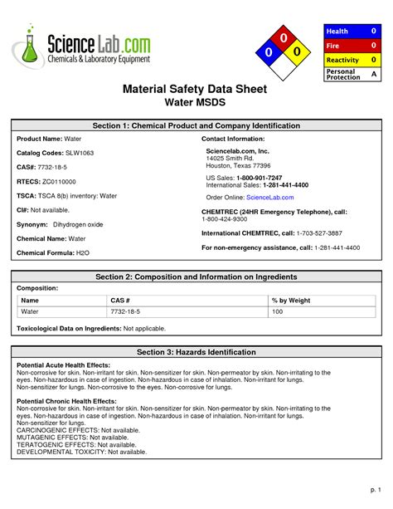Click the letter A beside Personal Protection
373,75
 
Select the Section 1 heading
196,125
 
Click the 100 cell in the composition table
278,311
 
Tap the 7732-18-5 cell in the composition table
126,311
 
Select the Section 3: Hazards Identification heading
196,352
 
